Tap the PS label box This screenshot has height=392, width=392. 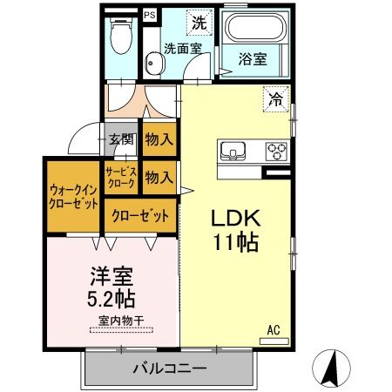[x=150, y=15]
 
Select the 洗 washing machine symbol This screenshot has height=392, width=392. [x=199, y=22]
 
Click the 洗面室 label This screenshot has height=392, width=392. [x=183, y=49]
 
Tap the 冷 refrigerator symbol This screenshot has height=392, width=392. [x=274, y=99]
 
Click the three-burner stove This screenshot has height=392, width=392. [x=276, y=151]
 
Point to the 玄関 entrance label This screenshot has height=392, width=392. [x=121, y=139]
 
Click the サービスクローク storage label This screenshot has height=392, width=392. [x=121, y=179]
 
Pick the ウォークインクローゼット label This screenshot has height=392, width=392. [x=73, y=196]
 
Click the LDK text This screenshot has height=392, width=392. [x=233, y=218]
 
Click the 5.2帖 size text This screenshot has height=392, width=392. [x=112, y=298]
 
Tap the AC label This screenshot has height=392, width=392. [x=274, y=330]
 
